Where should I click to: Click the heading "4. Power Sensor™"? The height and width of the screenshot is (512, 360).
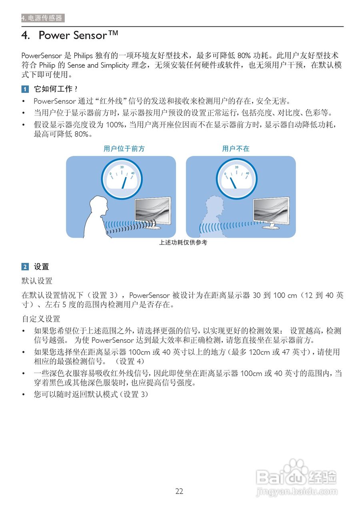(70, 35)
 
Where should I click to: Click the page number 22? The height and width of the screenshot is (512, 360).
(179, 492)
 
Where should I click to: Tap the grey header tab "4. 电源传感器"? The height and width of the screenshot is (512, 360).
(43, 18)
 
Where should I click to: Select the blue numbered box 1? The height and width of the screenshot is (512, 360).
(25, 89)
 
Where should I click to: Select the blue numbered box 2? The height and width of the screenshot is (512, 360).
(25, 267)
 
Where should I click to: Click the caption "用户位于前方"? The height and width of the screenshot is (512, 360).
(124, 149)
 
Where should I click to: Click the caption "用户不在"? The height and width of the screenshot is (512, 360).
(236, 149)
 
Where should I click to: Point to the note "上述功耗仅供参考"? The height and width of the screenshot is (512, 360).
(183, 242)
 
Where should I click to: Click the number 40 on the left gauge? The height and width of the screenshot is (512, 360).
(132, 173)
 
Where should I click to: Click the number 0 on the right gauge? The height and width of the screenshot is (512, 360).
(226, 174)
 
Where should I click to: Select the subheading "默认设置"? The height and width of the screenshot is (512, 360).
(37, 281)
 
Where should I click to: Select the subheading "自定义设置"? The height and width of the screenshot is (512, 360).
(41, 319)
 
